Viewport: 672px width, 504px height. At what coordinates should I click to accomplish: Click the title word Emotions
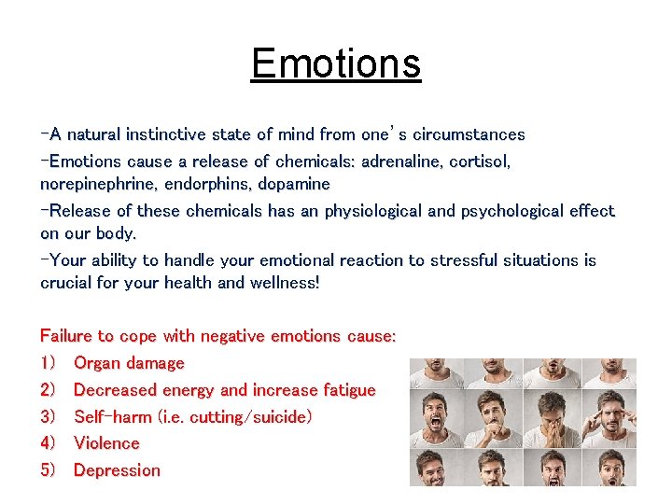click(x=336, y=63)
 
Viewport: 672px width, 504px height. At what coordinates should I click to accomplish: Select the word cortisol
click(x=480, y=161)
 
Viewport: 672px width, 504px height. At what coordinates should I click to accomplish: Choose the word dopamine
click(x=294, y=185)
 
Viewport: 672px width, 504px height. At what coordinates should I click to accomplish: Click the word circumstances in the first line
click(x=469, y=134)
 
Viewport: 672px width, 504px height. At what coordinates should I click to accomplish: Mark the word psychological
click(x=512, y=211)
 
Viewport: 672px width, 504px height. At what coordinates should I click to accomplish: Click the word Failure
click(x=65, y=336)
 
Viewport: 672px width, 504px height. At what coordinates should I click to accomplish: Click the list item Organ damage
click(x=129, y=363)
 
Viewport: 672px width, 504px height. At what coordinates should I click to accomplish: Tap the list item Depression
click(x=117, y=470)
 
